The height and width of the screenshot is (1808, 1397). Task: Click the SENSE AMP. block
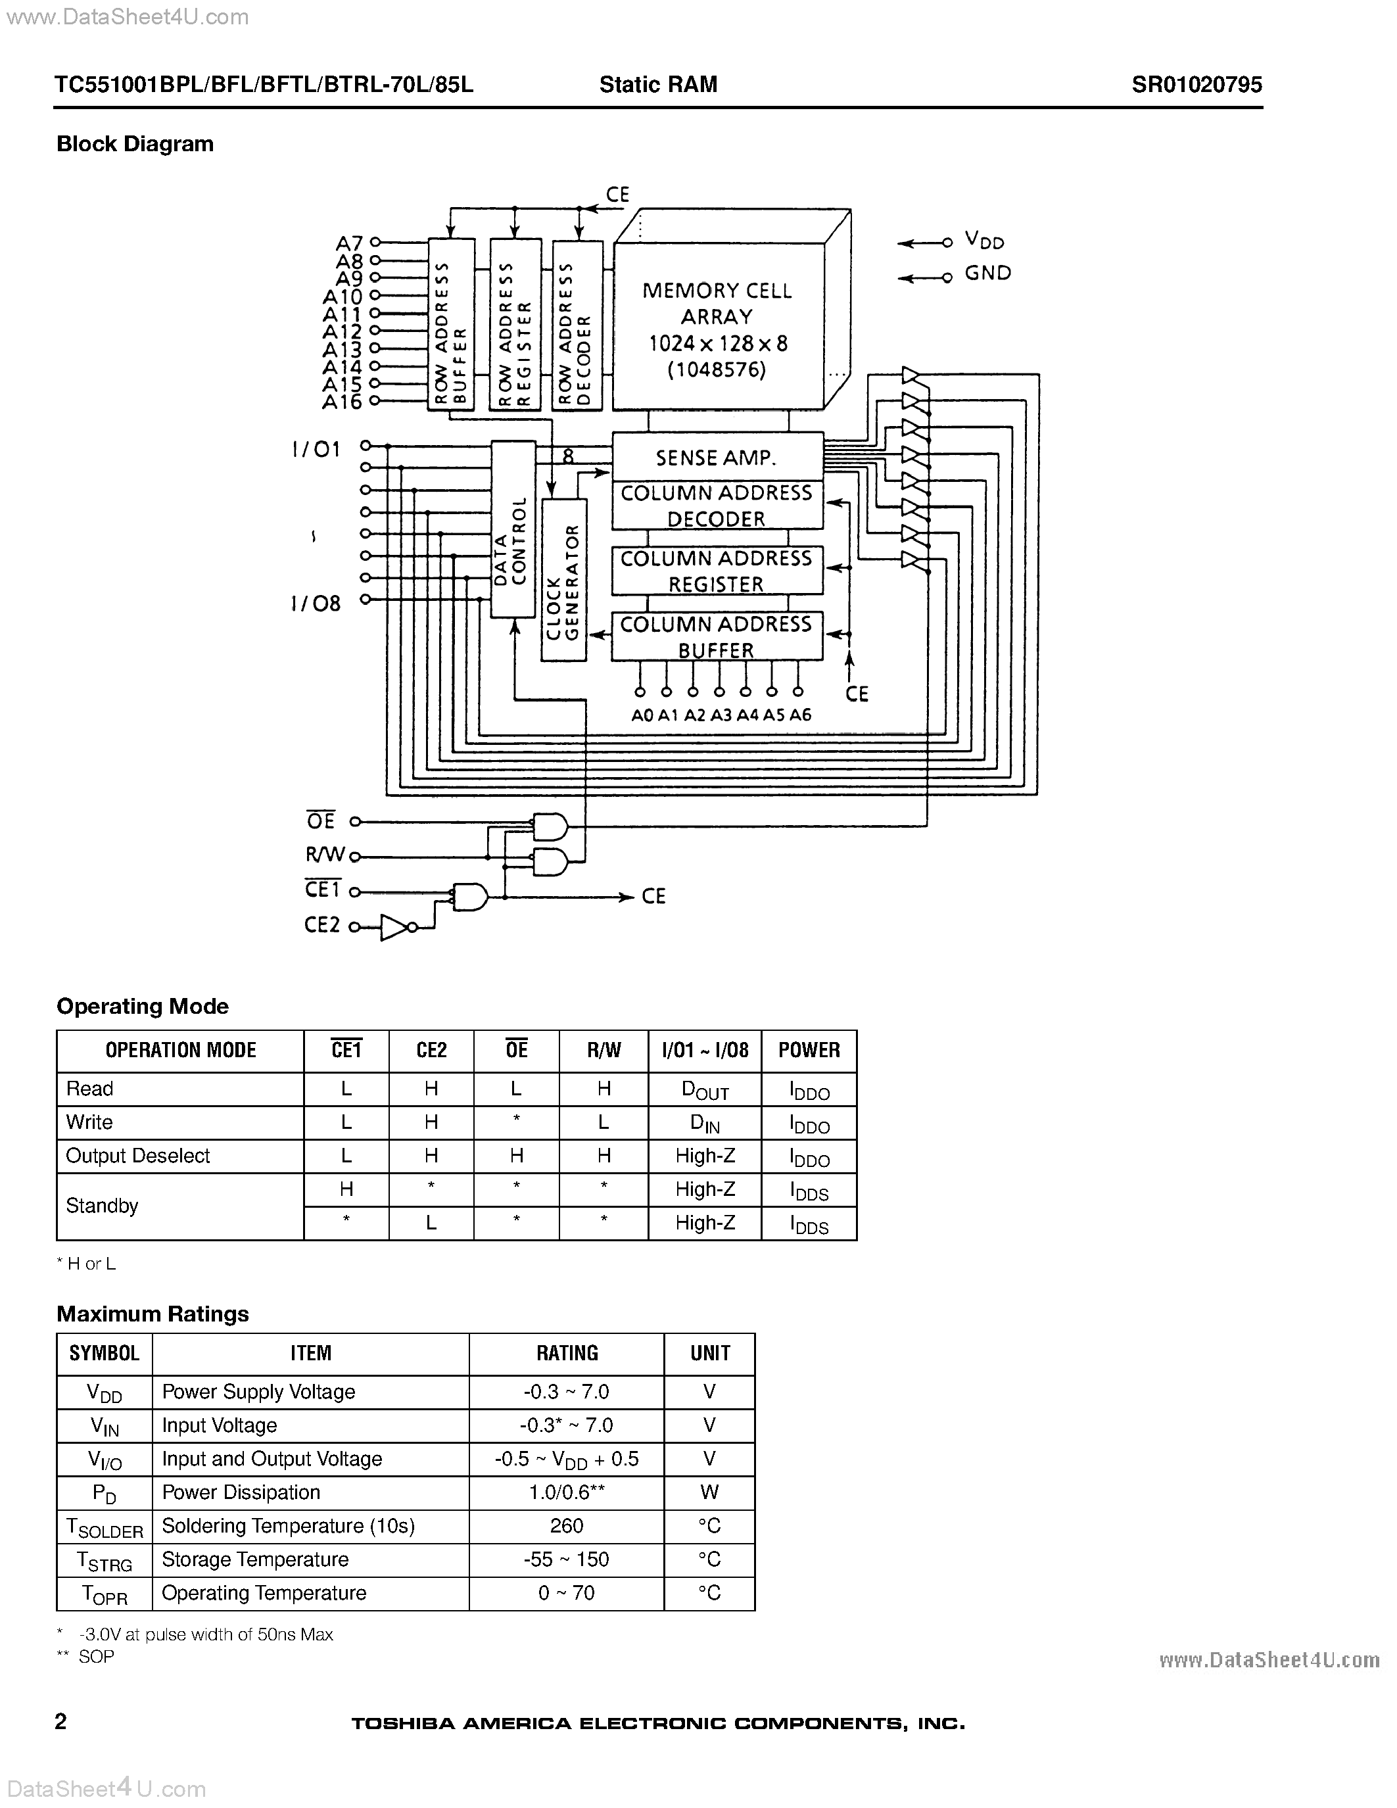pos(717,457)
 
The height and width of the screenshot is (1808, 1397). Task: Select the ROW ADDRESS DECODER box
pos(577,325)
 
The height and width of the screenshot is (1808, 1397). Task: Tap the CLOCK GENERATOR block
pos(563,579)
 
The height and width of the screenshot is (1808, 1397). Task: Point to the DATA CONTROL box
pos(513,530)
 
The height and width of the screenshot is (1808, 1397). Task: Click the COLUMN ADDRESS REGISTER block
pos(717,571)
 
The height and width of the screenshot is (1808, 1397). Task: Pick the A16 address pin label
pos(342,402)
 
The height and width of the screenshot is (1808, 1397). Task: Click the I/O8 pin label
pos(316,603)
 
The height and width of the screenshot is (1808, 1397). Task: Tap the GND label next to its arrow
pos(987,274)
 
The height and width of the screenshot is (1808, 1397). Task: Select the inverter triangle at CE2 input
pos(394,927)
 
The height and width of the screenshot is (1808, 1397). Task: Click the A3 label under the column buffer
pos(721,715)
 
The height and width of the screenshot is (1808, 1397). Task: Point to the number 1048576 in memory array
pos(717,369)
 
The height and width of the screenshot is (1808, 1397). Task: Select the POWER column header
pos(809,1051)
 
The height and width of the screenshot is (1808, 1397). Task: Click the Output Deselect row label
pos(137,1156)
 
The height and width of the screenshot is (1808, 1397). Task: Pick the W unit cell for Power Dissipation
pos(709,1492)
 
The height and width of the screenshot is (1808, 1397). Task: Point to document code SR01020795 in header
pos(1196,84)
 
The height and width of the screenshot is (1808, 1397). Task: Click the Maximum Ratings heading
pos(153,1314)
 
